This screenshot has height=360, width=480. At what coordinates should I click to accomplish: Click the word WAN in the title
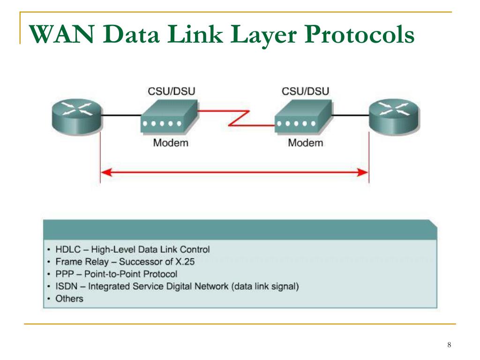[x=61, y=34]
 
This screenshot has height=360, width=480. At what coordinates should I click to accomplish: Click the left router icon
[x=77, y=117]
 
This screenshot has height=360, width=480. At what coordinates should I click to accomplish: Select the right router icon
[x=394, y=117]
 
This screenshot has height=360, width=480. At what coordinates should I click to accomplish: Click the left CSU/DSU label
[x=172, y=91]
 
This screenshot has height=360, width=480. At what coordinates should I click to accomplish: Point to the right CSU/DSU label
[x=305, y=91]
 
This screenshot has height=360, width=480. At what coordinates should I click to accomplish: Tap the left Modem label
[x=171, y=142]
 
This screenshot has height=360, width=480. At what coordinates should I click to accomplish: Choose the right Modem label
[x=306, y=142]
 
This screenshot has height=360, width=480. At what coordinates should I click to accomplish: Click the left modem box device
[x=169, y=117]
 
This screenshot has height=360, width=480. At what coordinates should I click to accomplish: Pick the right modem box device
[x=303, y=117]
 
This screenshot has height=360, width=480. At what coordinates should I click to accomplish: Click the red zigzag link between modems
[x=239, y=118]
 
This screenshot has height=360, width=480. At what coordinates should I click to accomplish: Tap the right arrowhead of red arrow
[x=363, y=172]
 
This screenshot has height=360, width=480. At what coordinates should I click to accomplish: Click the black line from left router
[x=121, y=115]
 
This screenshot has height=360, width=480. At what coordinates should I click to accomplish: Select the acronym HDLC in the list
[x=68, y=249]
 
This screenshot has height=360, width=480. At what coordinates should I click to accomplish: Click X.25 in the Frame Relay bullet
[x=185, y=262]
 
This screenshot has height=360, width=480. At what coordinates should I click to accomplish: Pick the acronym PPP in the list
[x=65, y=274]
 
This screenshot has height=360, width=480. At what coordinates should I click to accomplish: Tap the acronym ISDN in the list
[x=67, y=286]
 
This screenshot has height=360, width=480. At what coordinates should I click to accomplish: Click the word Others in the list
[x=69, y=299]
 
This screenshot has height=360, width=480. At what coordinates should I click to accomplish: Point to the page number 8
[x=449, y=345]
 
